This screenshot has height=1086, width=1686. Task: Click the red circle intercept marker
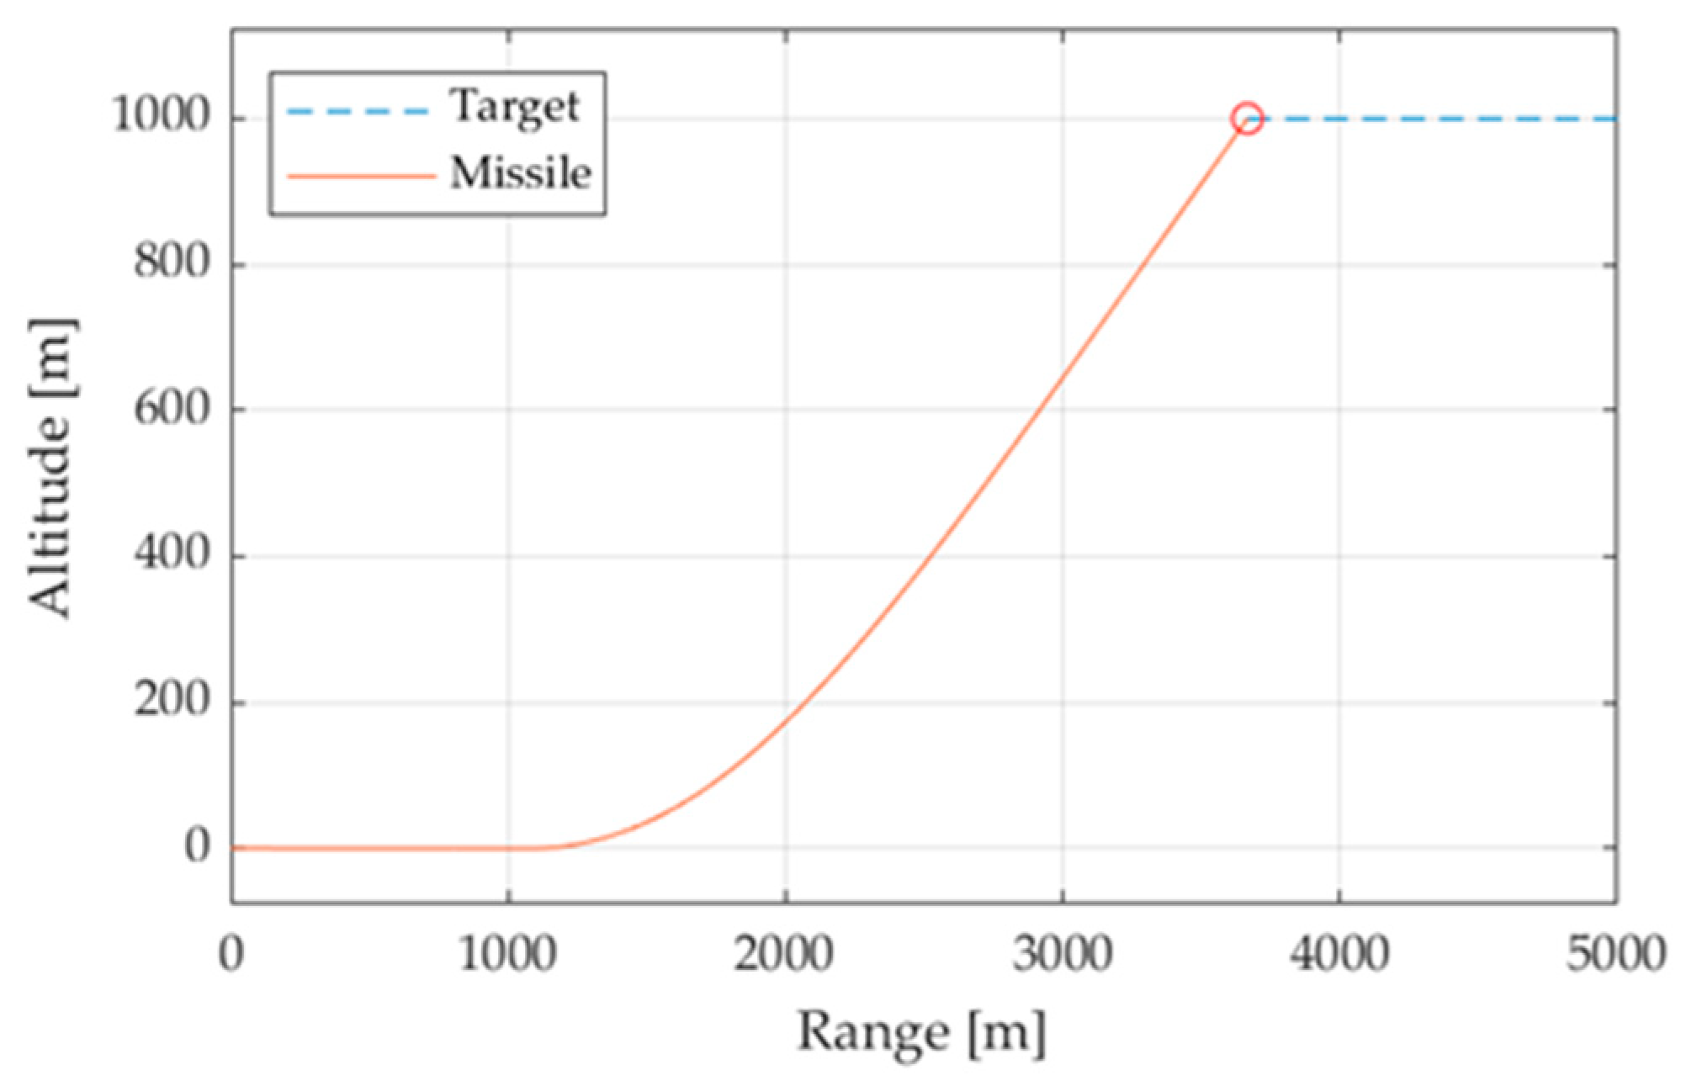[x=1247, y=119]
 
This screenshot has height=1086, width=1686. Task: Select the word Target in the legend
[x=514, y=108]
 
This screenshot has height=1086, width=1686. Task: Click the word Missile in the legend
[x=520, y=174]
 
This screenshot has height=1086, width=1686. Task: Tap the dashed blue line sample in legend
[x=358, y=111]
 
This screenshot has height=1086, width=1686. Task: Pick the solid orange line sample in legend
[x=361, y=177]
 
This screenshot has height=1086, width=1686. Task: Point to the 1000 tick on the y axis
[x=161, y=115]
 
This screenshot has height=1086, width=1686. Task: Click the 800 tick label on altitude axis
[x=172, y=262]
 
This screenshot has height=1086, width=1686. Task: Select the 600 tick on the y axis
[x=172, y=410]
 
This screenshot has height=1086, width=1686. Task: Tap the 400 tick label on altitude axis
[x=172, y=555]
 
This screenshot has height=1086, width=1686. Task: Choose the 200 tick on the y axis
[x=172, y=701]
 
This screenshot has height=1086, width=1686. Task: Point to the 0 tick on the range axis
[x=231, y=955]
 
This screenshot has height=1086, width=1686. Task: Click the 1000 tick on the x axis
[x=507, y=955]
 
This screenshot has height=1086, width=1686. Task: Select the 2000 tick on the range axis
[x=784, y=955]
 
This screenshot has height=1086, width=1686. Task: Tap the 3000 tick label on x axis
[x=1062, y=955]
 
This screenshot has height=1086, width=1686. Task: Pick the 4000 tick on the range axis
[x=1339, y=955]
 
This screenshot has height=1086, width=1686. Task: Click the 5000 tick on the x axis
[x=1615, y=955]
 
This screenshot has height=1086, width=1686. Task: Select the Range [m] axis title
[x=921, y=1033]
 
